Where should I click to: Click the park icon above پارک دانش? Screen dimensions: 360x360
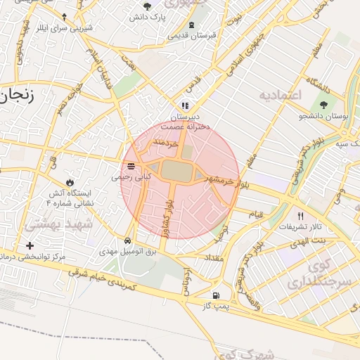147,6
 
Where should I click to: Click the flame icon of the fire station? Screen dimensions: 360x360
68,182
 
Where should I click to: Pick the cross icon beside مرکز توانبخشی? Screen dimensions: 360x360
29,245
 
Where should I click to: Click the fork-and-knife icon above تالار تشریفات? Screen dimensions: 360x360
301,216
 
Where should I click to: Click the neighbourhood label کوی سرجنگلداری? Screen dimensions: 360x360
313,275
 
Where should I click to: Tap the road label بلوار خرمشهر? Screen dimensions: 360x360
224,181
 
